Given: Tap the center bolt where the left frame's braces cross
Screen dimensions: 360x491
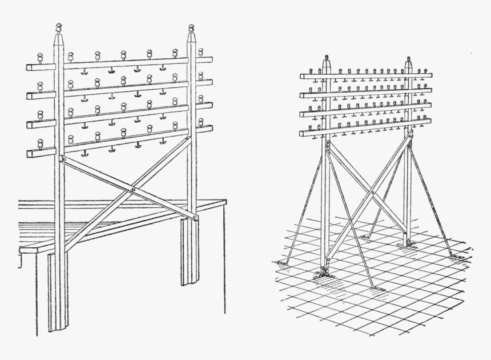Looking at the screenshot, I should (132, 189).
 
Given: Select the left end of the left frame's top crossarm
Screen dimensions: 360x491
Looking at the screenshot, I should (28, 67).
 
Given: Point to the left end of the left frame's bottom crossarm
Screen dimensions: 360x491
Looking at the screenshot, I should (28, 153).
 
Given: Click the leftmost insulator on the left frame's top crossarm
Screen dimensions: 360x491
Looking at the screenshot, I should (40, 58).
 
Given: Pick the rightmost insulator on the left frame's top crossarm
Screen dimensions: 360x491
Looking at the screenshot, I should (200, 52).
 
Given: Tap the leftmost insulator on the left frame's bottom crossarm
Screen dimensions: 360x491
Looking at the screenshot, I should (40, 143).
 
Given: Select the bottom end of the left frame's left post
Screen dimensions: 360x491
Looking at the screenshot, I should (58, 330).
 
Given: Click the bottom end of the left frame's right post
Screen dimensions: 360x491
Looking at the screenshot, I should (190, 284).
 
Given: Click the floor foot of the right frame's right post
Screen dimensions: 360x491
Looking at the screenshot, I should (407, 244).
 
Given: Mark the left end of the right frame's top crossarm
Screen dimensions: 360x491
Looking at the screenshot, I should (301, 76).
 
